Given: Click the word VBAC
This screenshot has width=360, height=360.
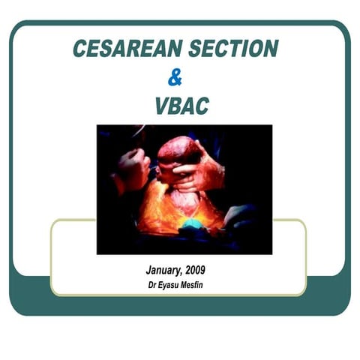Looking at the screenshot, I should (181, 106).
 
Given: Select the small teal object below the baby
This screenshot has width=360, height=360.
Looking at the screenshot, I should (193, 223).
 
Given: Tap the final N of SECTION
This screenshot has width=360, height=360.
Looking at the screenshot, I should (270, 49).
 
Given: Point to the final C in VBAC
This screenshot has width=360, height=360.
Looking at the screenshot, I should (202, 106).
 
